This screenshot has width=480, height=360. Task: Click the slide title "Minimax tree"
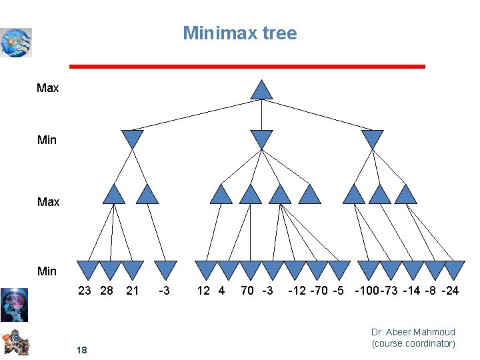240,33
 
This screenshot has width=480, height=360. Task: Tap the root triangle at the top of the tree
262,90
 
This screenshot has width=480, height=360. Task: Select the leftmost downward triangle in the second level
133,139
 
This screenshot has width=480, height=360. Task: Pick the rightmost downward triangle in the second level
372,139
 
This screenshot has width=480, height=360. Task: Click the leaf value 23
85,291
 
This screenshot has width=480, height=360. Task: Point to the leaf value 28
106,291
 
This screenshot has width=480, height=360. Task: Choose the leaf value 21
133,291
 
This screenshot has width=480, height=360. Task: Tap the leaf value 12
203,291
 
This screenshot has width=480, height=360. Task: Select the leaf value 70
247,291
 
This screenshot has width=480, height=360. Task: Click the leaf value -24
450,291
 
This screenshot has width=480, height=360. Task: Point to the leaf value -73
391,291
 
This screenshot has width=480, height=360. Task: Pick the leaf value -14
411,291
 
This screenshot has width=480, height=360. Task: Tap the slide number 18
82,350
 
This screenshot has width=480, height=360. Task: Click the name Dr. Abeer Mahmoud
413,332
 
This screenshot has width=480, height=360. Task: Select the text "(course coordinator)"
413,343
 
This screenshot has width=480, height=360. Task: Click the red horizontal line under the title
247,67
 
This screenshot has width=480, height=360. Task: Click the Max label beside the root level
48,88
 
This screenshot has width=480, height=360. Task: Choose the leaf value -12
297,291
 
